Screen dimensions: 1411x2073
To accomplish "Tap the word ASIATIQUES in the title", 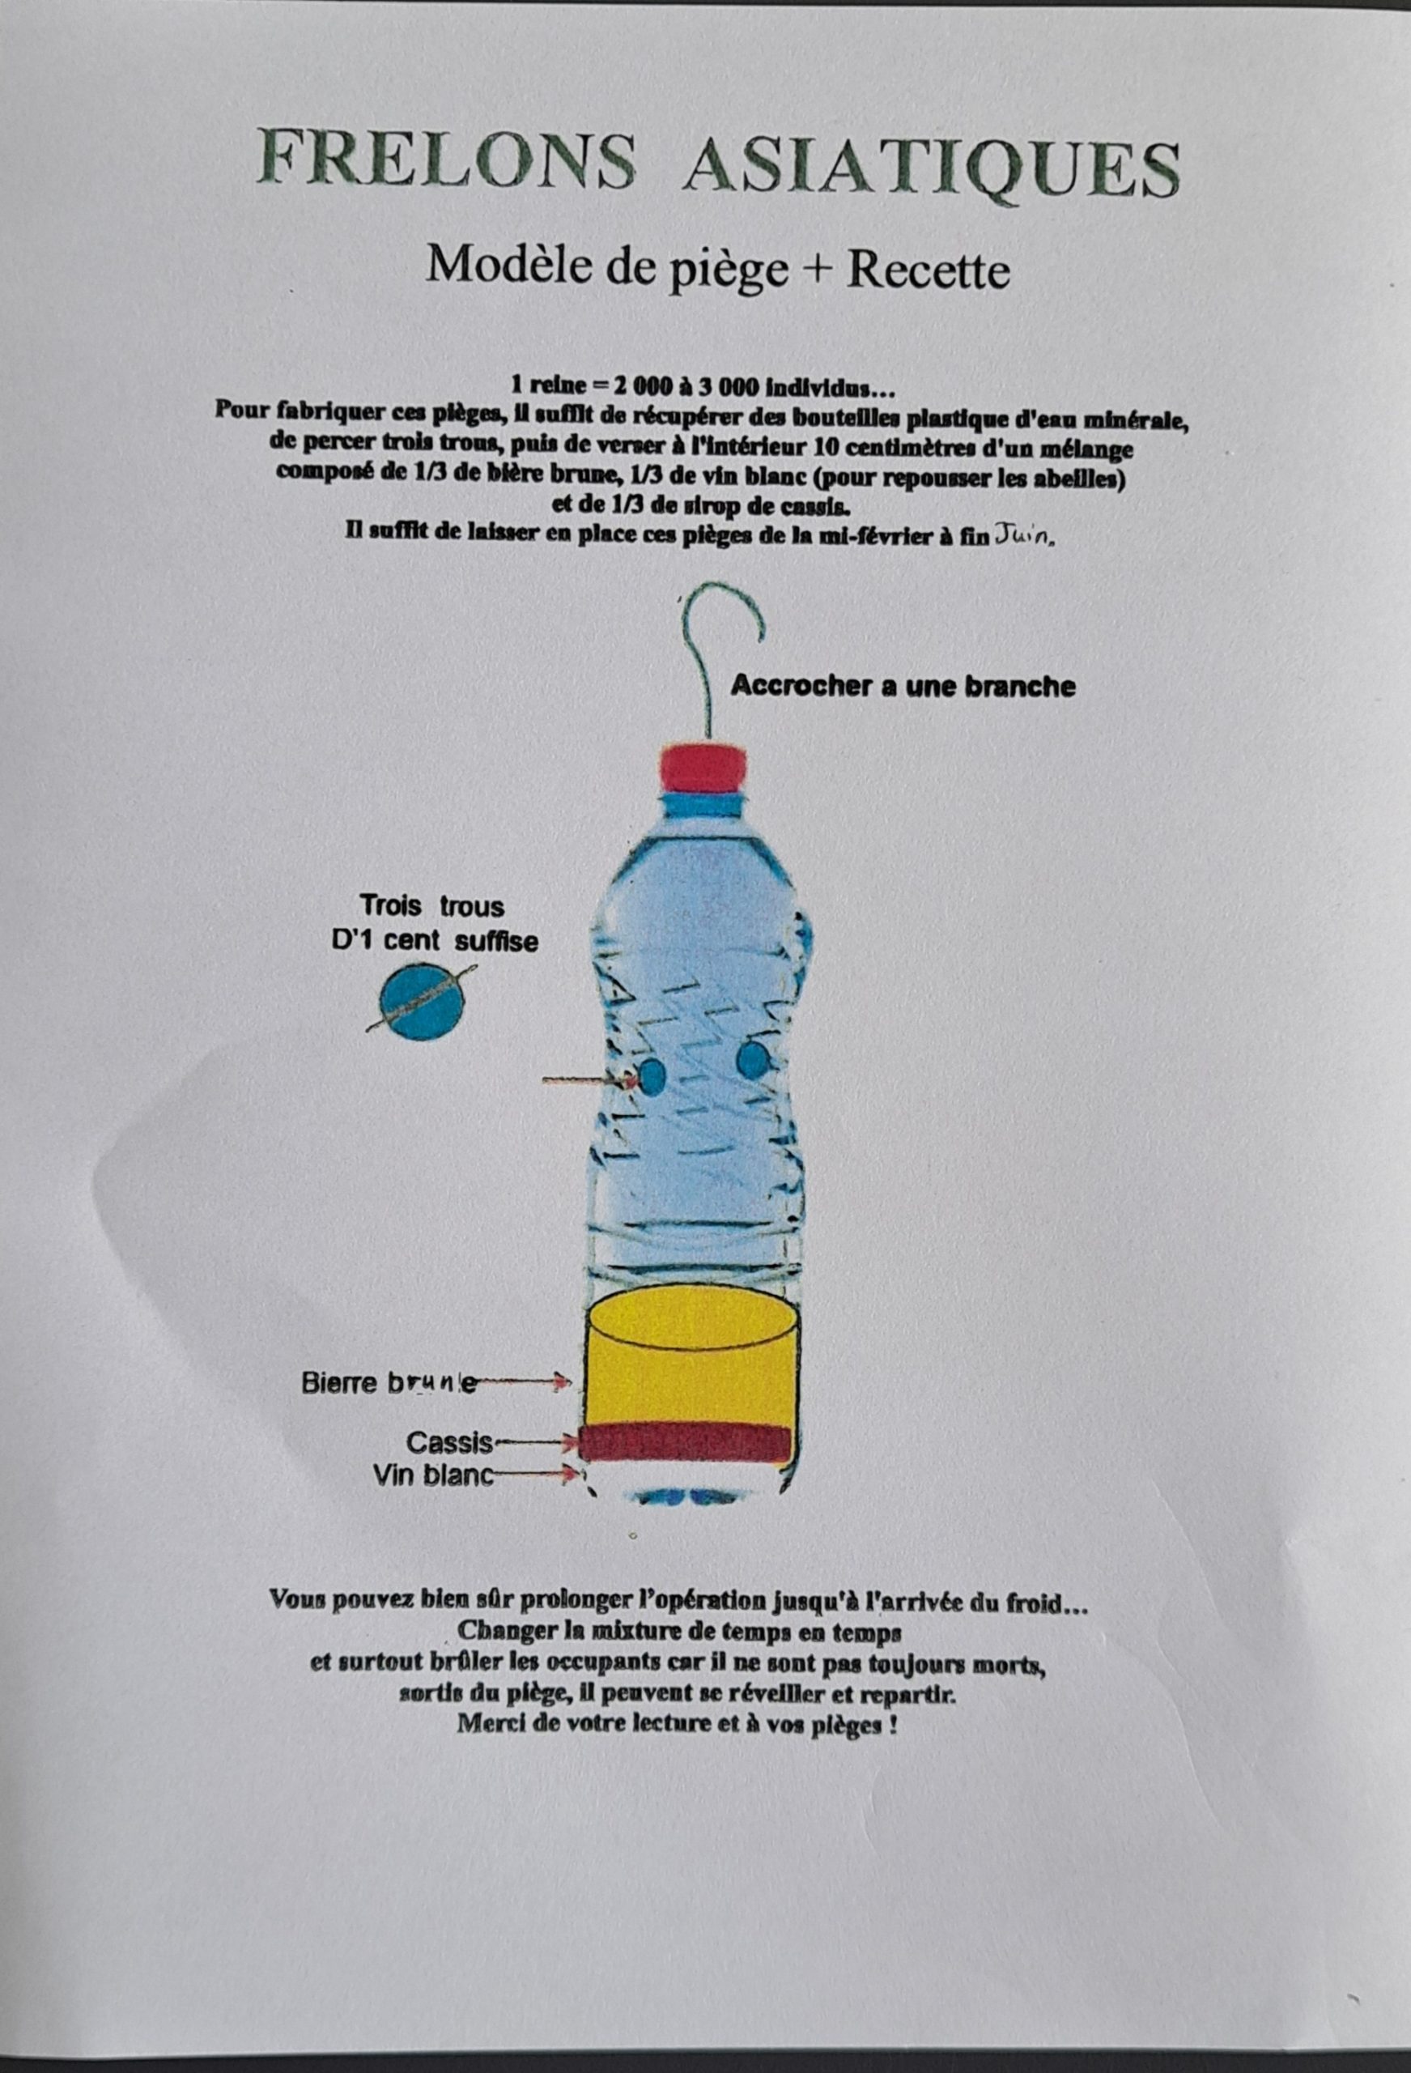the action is (x=930, y=166).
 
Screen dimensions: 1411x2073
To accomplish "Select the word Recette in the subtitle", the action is (x=929, y=270).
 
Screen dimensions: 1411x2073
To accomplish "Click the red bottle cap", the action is (x=703, y=767).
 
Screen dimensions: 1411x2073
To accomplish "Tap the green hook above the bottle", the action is (x=720, y=660).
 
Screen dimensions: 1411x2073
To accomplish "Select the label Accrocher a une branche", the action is (x=903, y=687).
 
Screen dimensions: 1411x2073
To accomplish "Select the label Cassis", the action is (x=449, y=1443).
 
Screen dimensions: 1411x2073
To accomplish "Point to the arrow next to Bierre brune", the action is (x=519, y=1384).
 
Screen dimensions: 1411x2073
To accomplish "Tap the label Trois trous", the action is (x=432, y=906).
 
